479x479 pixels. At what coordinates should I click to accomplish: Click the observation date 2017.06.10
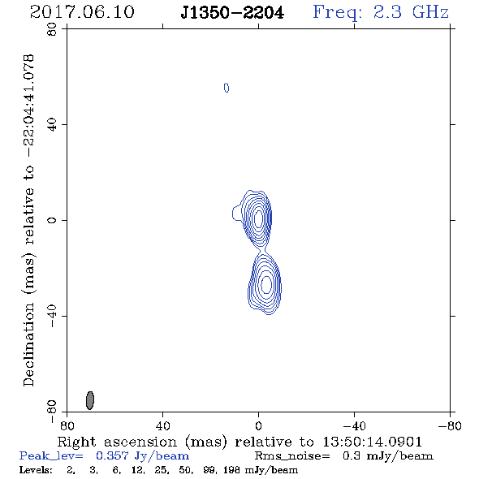point(82,12)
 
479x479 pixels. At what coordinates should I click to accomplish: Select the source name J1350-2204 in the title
point(232,13)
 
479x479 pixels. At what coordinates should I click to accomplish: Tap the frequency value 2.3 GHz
point(411,12)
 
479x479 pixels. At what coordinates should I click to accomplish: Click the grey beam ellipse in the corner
point(90,400)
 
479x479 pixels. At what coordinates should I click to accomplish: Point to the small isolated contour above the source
point(227,88)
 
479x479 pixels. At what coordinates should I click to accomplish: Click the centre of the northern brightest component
point(259,218)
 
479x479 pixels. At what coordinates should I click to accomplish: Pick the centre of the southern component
point(266,284)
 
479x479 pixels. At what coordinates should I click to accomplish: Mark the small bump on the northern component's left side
point(236,213)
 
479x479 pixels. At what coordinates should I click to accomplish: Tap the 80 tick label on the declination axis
point(52,29)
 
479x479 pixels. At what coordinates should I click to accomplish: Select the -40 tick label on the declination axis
point(52,316)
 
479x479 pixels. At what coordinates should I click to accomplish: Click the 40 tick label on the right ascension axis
point(162,426)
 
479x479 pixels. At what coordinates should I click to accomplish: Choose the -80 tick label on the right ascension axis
point(450,426)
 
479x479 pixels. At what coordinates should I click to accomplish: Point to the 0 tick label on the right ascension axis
point(258,426)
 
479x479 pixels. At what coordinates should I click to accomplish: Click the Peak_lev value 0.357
point(112,455)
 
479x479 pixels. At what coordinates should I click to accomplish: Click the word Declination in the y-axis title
point(28,344)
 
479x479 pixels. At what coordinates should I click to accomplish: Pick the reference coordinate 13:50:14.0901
point(372,442)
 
